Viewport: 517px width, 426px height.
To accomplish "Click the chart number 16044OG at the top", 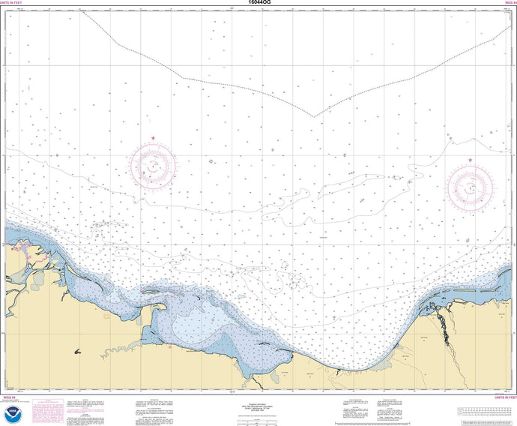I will [258, 4].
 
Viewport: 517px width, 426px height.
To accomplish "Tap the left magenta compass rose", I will [153, 164].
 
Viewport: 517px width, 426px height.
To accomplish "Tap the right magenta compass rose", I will [470, 185].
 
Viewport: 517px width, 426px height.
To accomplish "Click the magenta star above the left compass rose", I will [153, 138].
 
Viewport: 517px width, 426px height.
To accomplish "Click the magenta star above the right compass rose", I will [470, 160].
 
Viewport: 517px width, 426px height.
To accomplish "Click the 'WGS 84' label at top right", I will [506, 4].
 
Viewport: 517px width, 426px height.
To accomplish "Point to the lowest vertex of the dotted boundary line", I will [314, 117].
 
